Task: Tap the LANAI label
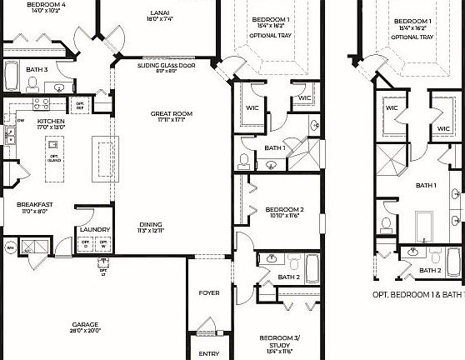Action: click(x=161, y=12)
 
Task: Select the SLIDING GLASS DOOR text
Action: click(x=167, y=64)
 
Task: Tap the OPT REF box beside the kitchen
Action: click(x=80, y=105)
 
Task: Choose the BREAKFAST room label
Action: click(x=35, y=203)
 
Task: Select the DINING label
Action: click(x=151, y=223)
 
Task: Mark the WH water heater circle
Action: click(x=11, y=247)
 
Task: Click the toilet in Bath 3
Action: click(x=32, y=82)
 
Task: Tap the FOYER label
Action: click(x=208, y=293)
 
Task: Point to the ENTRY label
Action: click(x=209, y=353)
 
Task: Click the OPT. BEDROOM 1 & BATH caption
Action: click(x=417, y=294)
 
